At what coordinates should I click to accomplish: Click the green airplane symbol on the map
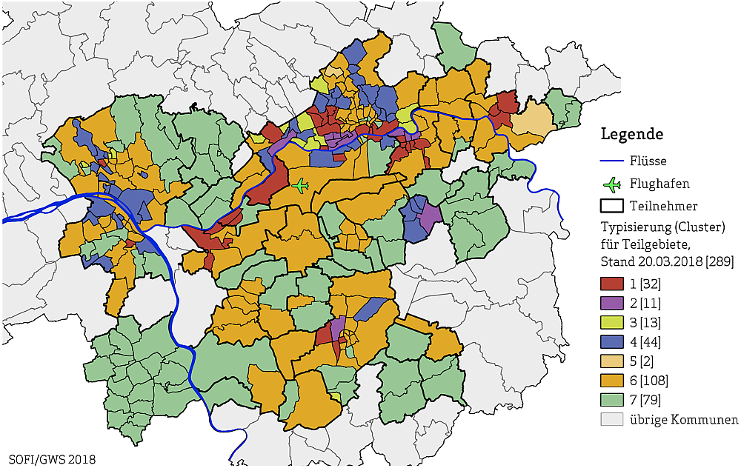(x=300, y=185)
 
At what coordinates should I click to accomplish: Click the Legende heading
(x=631, y=134)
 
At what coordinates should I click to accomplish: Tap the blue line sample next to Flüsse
(x=611, y=161)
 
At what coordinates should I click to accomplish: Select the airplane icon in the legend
(x=611, y=183)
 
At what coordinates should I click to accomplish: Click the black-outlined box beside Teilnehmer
(x=611, y=206)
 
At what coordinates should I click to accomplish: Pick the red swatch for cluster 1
(x=611, y=283)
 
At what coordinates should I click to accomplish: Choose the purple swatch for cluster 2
(x=611, y=303)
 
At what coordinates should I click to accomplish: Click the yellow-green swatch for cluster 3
(x=611, y=322)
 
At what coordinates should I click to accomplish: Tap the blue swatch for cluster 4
(x=611, y=342)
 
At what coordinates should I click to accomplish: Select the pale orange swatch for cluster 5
(x=611, y=361)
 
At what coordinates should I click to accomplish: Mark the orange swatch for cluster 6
(x=611, y=381)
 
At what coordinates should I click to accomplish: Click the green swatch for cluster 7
(x=611, y=401)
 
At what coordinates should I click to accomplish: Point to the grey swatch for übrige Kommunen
(x=611, y=420)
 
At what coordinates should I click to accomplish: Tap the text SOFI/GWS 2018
(x=52, y=459)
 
